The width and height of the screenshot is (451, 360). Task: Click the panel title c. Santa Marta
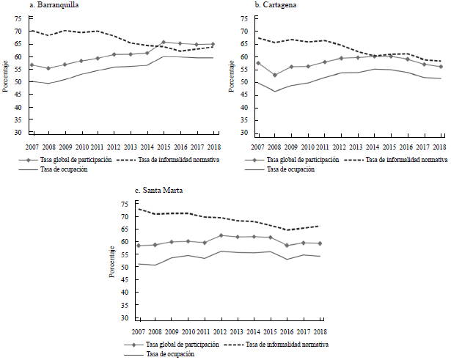click(x=144, y=190)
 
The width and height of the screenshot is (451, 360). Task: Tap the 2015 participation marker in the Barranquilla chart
click(x=164, y=43)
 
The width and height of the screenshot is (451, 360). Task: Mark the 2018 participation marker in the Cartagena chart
click(x=440, y=67)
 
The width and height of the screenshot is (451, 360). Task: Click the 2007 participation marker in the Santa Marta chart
click(x=139, y=246)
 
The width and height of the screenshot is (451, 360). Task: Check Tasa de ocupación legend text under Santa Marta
click(x=175, y=353)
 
